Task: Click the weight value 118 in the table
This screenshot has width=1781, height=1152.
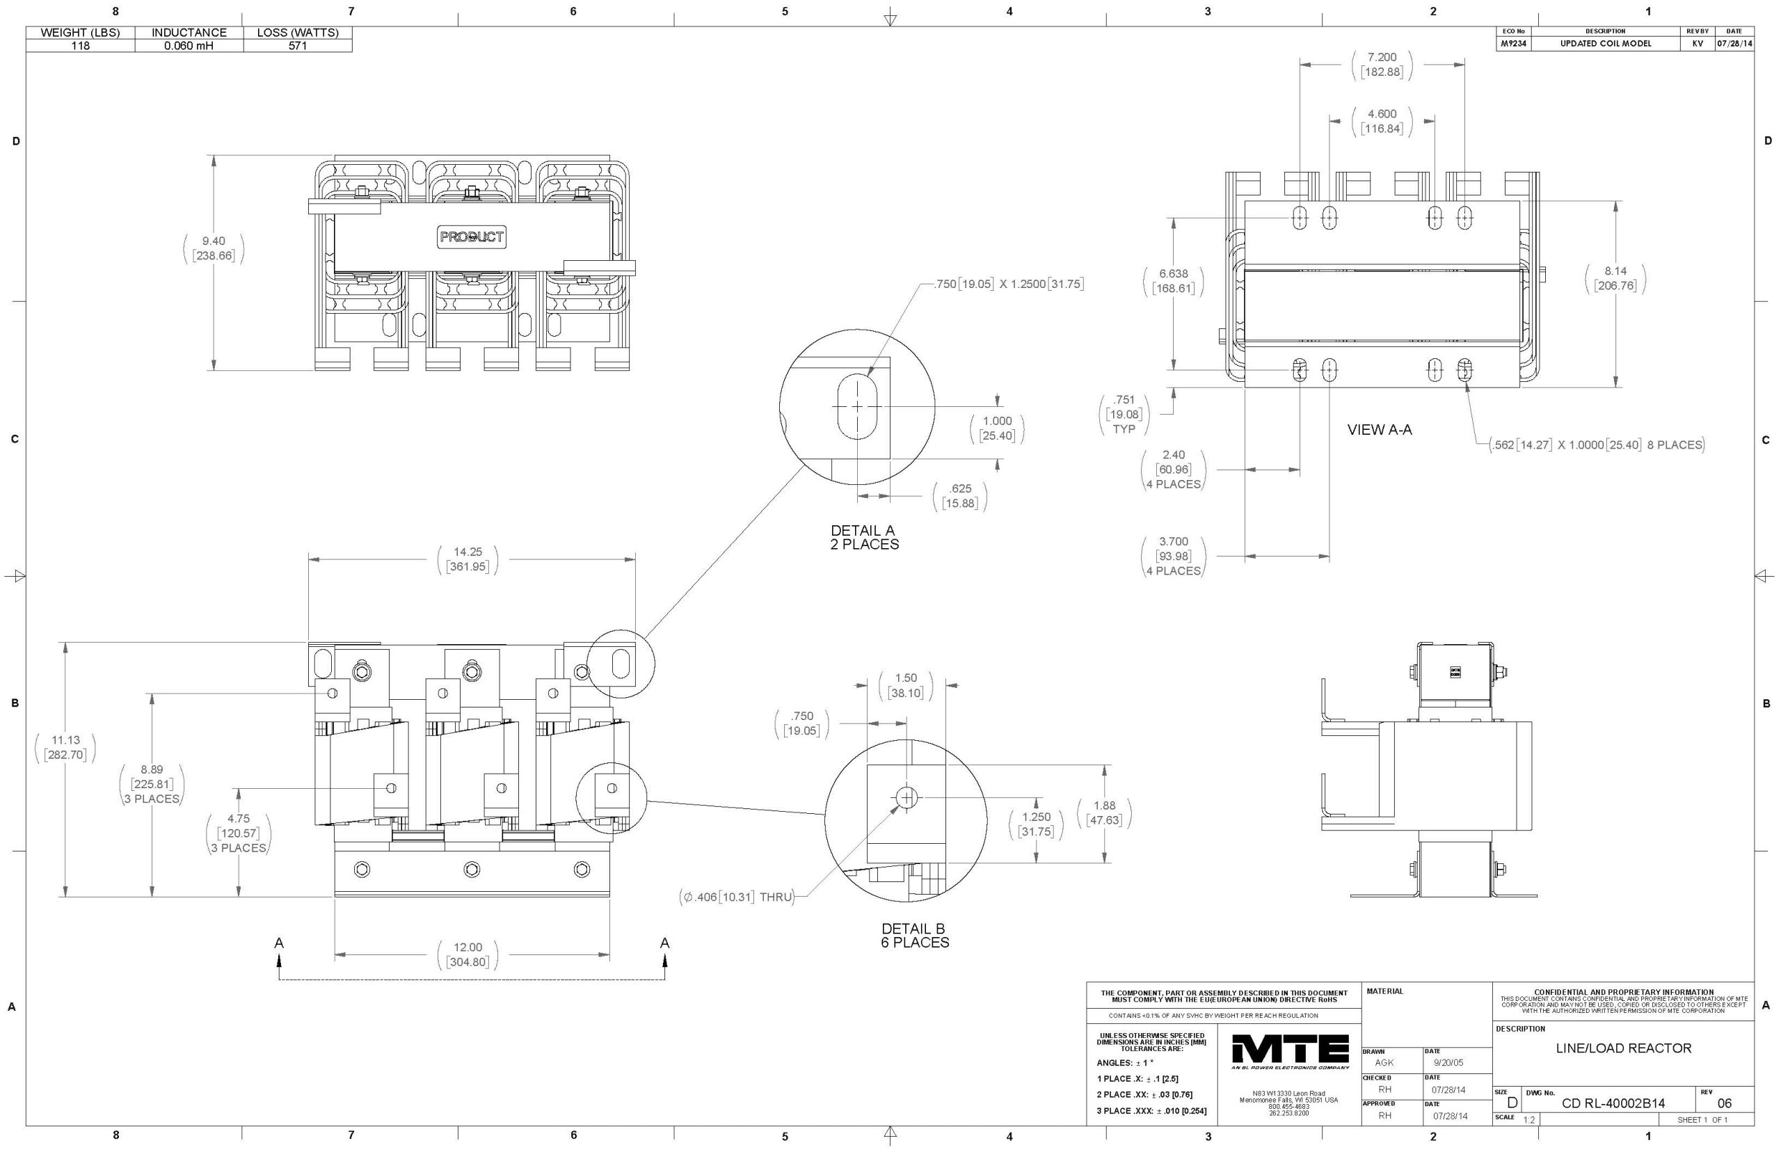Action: coord(80,46)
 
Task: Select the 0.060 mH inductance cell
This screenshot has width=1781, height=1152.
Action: coord(189,46)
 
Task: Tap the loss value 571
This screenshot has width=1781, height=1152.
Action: coord(298,46)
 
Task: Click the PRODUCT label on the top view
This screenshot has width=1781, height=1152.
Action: coord(472,237)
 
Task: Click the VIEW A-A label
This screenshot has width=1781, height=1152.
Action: coord(1380,429)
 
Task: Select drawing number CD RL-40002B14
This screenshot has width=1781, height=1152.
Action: coord(1613,1103)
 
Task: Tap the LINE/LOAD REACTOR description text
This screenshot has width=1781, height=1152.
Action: coord(1623,1048)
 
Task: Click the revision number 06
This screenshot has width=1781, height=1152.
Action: coord(1724,1103)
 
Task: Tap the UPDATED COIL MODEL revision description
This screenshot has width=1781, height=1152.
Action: coord(1604,43)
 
